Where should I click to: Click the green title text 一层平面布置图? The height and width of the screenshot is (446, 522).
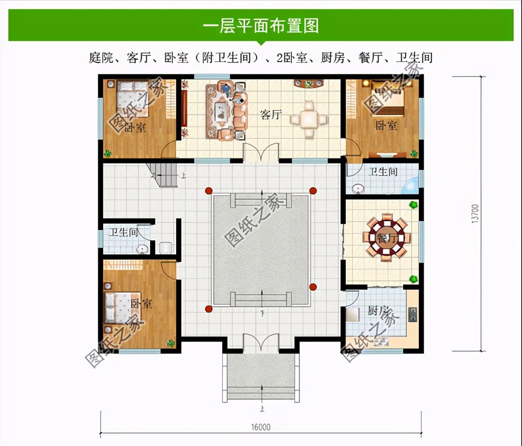coord(261,26)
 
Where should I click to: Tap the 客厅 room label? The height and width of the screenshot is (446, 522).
coord(271,115)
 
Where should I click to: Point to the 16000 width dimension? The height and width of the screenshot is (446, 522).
coord(261,427)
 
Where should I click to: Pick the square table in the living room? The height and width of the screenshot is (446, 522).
coord(309,119)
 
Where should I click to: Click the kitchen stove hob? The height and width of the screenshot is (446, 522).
coord(412,314)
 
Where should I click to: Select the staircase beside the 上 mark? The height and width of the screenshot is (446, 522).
coord(164,175)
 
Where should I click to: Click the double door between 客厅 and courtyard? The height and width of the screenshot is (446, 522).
coord(261,153)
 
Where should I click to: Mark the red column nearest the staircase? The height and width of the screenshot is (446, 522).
coord(209,190)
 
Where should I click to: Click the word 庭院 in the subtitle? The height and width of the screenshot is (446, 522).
coord(101,58)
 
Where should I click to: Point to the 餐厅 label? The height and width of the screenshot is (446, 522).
coord(386,238)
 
